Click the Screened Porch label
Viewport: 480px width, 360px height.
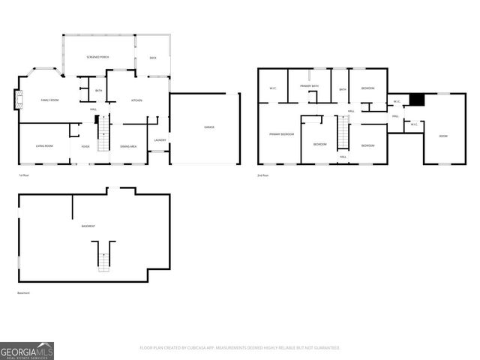[x=97, y=57]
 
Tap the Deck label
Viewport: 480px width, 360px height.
[x=153, y=58]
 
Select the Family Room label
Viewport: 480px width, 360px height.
[x=50, y=100]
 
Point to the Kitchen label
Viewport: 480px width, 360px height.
[x=137, y=100]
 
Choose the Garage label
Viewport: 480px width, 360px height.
[x=209, y=127]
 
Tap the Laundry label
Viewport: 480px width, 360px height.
[x=160, y=140]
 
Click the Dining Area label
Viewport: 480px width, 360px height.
[x=128, y=146]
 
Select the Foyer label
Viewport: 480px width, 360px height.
[x=85, y=146]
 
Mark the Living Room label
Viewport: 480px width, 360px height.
[x=45, y=145]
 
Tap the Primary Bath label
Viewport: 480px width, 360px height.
[x=310, y=86]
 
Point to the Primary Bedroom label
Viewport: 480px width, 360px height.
[x=281, y=133]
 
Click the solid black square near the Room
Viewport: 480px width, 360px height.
[x=418, y=100]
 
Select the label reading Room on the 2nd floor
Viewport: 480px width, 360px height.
[x=442, y=136]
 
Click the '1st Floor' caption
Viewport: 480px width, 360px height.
[x=24, y=175]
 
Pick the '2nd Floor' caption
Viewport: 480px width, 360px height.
[x=262, y=175]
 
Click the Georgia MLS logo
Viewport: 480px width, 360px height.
[x=27, y=350]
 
